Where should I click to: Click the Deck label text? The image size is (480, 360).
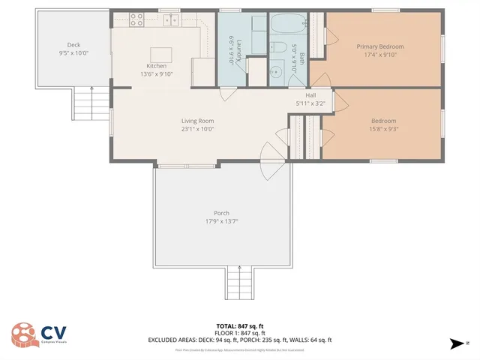[x=73, y=45]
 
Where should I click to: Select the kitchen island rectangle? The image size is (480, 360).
[x=160, y=54]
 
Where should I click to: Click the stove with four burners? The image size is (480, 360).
[x=136, y=19]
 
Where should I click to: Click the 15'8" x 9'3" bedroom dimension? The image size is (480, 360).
[x=383, y=129]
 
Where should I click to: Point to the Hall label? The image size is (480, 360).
[x=310, y=95]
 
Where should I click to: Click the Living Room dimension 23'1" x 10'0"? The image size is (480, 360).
[x=197, y=129]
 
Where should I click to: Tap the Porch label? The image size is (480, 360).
[x=221, y=213]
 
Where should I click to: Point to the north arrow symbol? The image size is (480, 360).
[x=457, y=343]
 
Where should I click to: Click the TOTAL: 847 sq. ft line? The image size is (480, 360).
[x=239, y=326]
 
